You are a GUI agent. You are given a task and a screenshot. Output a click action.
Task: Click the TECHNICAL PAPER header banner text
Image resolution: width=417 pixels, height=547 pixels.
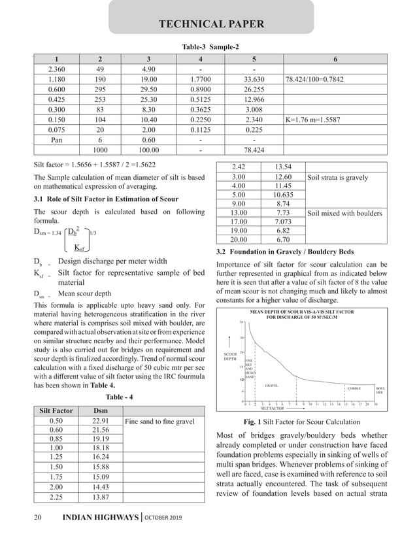[212, 25]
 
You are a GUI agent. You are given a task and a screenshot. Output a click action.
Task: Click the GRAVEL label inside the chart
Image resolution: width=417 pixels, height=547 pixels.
[272, 386]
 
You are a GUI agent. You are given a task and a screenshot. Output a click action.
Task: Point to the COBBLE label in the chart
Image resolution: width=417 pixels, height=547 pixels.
[354, 388]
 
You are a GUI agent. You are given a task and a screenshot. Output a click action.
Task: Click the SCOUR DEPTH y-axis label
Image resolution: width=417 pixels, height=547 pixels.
[230, 356]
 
